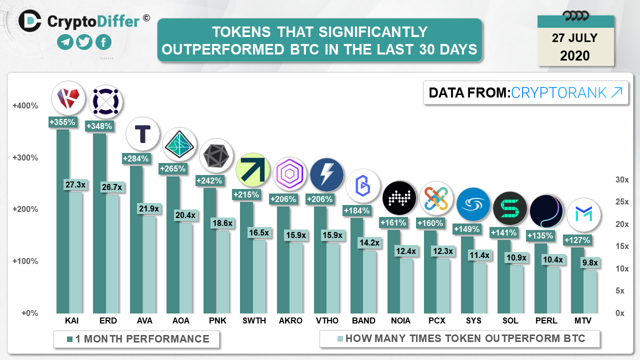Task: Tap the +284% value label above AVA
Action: [136, 159]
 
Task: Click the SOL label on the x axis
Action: [510, 320]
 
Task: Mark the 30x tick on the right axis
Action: [622, 180]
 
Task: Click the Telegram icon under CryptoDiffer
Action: [65, 42]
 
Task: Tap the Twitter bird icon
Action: [84, 42]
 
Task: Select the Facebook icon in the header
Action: [103, 42]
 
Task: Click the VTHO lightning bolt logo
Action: [326, 175]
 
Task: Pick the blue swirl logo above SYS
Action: [473, 204]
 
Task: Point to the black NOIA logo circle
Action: [399, 197]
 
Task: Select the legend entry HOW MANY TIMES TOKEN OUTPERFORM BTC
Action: [465, 339]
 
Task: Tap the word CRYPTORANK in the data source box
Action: [559, 92]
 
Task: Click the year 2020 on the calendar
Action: [575, 55]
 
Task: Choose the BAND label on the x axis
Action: [363, 320]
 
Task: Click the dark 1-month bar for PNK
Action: [209, 250]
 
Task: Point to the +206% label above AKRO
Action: [283, 199]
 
